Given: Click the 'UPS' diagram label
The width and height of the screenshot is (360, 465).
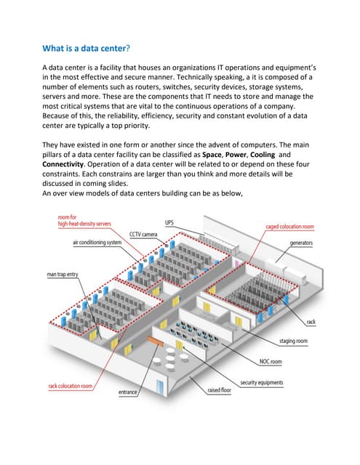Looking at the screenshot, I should (x=169, y=222).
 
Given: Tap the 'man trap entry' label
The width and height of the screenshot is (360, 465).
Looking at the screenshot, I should (x=62, y=275).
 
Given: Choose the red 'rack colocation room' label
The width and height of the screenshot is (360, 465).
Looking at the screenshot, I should (x=71, y=386).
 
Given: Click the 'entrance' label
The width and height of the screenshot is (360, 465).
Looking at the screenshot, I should (x=129, y=392).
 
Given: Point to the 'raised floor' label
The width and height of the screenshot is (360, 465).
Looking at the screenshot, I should (x=219, y=390).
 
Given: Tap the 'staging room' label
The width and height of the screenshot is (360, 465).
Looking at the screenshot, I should (x=294, y=341).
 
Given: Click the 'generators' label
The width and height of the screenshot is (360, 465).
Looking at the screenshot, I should (x=301, y=241).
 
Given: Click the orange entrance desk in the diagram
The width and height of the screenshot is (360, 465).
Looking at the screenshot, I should (x=155, y=339).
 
